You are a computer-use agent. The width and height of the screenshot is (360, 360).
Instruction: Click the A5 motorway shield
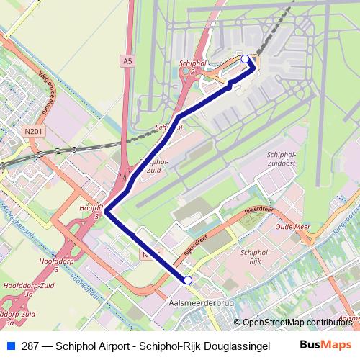coord(128,62)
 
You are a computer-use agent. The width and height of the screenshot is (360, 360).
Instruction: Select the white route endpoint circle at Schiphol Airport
coord(245,59)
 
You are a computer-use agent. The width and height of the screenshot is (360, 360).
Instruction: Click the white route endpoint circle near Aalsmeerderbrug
coord(188,280)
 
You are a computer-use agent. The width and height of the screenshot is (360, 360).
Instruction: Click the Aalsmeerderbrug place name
coord(201,303)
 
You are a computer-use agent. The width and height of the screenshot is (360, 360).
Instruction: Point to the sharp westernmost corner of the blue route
coord(107,211)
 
